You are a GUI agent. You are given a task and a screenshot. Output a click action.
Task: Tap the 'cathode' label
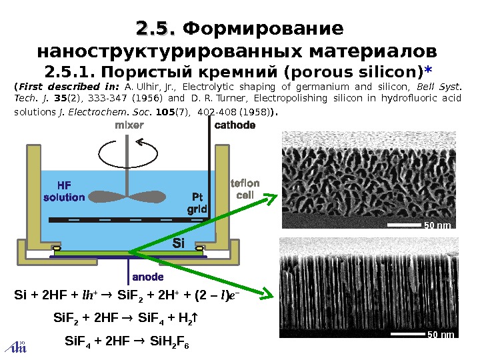(x=235, y=125)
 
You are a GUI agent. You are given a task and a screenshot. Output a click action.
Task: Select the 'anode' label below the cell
(x=147, y=276)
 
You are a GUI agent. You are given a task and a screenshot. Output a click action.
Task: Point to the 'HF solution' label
(x=64, y=191)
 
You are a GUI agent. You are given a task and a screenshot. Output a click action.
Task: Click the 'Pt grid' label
(x=197, y=203)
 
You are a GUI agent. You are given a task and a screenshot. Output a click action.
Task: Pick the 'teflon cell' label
(x=245, y=189)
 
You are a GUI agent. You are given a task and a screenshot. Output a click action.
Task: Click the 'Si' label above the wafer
(x=178, y=243)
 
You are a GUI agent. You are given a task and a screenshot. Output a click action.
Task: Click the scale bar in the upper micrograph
(x=404, y=225)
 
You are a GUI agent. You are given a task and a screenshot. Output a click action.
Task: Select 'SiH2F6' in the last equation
(x=171, y=343)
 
